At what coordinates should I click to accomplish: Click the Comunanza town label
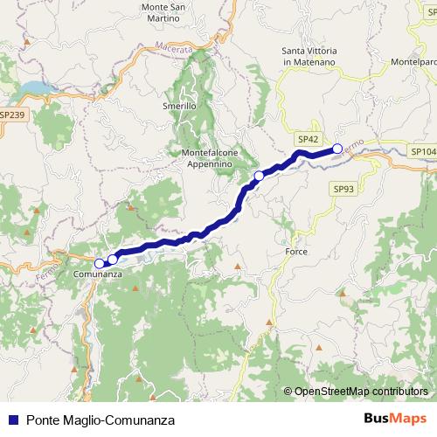(x=98, y=274)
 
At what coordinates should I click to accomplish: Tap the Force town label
(x=296, y=252)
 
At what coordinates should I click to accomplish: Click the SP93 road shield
(x=343, y=189)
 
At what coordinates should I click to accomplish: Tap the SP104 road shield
(x=423, y=151)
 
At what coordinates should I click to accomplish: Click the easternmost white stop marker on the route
(x=337, y=149)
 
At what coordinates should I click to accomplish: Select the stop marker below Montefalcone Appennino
(x=258, y=177)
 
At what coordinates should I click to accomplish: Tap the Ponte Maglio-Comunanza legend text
(x=101, y=420)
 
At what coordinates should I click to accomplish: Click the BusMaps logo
(x=396, y=420)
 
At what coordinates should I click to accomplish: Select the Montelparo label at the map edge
(x=413, y=62)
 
